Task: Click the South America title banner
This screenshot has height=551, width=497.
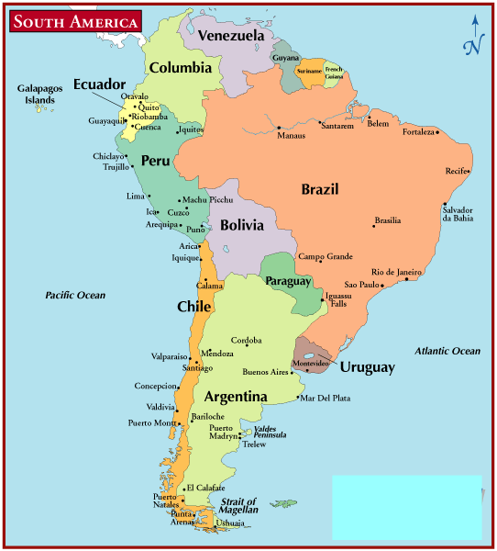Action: coord(76,21)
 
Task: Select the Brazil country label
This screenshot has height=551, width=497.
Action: coord(320,189)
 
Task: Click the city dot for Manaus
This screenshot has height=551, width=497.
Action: coord(278,127)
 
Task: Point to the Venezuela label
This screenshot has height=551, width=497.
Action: coord(231,36)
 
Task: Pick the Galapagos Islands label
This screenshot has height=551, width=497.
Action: coord(39,94)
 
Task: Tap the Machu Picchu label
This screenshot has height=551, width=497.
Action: coord(207,199)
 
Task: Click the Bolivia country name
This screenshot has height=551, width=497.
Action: coord(242,224)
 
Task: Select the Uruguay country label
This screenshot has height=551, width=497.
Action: coord(367,366)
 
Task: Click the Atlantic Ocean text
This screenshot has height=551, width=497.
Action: coord(447,351)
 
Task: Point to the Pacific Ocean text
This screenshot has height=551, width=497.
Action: coord(75,295)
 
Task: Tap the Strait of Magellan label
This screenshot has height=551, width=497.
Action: coord(238,506)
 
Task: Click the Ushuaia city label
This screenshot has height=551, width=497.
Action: coord(230,523)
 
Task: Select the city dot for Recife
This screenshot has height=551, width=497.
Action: coord(469,171)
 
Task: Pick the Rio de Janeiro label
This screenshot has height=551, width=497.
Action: coord(396,272)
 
